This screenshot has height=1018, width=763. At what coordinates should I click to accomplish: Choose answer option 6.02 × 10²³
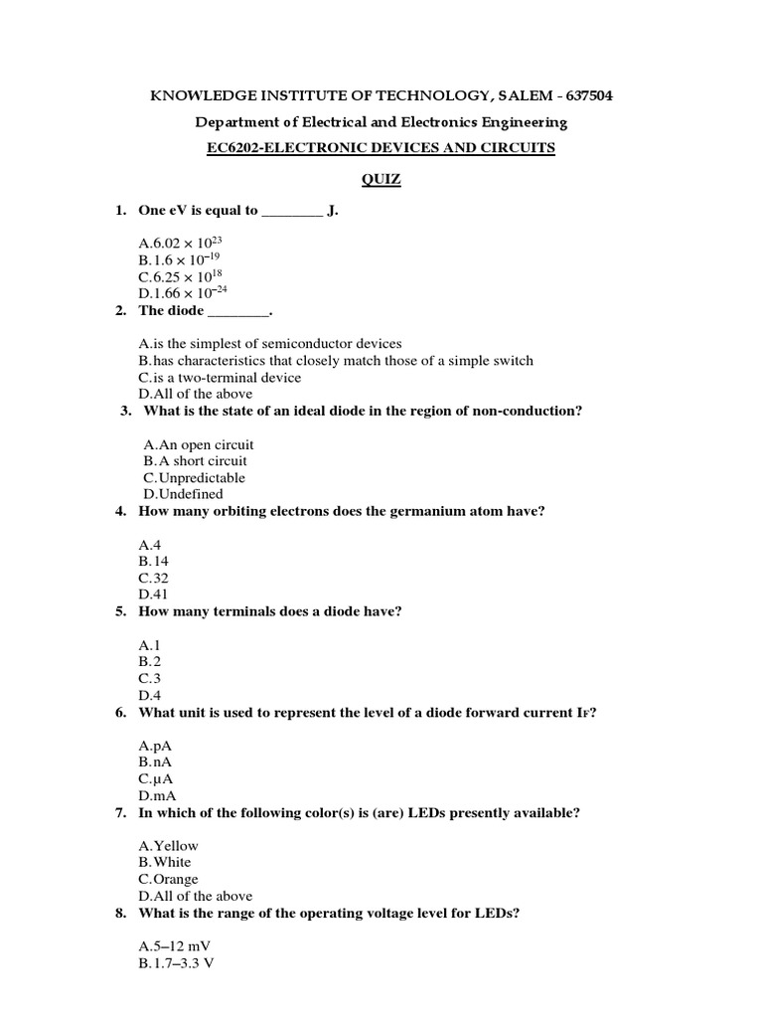[177, 244]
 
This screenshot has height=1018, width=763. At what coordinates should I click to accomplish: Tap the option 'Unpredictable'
[194, 478]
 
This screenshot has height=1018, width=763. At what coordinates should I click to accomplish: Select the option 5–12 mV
[181, 946]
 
